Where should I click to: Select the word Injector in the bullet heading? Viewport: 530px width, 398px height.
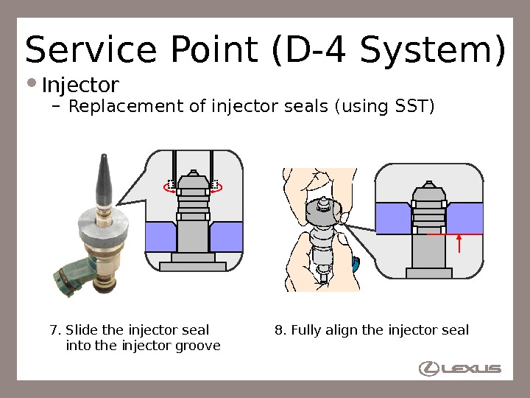[80, 85]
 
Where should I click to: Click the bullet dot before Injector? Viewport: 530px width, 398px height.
[34, 83]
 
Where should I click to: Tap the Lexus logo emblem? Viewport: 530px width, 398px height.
[429, 368]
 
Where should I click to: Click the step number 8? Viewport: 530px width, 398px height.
[279, 330]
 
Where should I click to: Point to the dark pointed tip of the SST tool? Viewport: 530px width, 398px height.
[104, 181]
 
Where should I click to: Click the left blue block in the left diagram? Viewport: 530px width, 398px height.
[160, 237]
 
